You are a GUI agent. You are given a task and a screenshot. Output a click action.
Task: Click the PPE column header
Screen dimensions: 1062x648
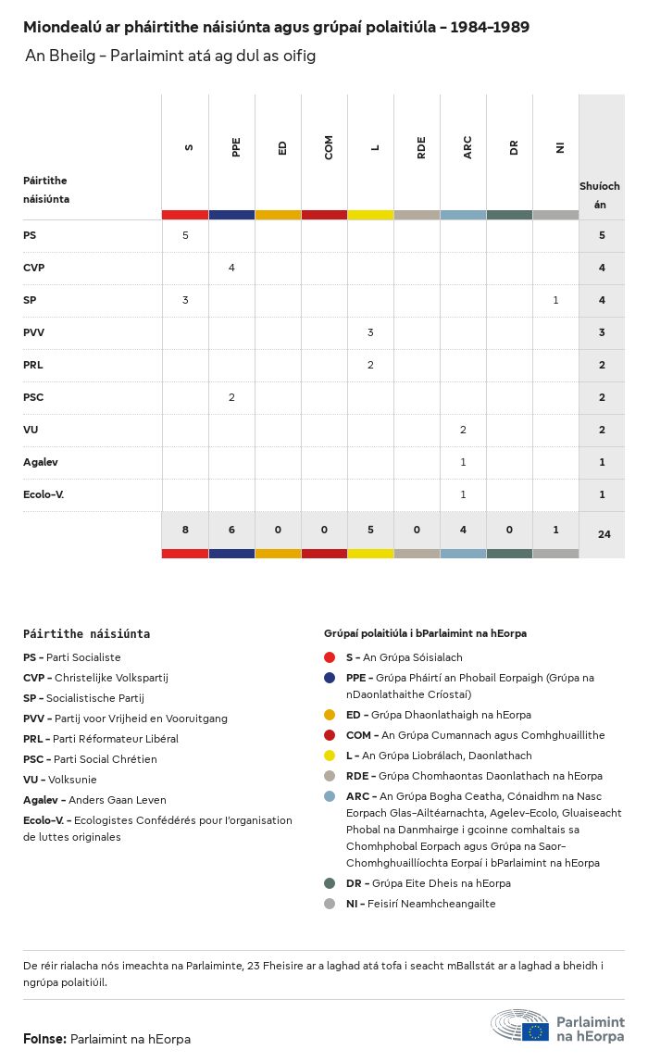click(236, 147)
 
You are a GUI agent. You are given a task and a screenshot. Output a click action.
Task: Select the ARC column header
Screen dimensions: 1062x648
click(467, 147)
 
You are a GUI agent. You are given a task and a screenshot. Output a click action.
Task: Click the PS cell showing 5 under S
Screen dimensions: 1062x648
click(185, 235)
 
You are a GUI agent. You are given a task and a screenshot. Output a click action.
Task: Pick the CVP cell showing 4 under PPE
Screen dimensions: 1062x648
click(231, 268)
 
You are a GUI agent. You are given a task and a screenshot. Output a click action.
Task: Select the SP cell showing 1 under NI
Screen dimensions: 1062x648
click(555, 300)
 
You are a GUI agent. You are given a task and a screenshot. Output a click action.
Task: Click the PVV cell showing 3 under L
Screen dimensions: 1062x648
click(370, 332)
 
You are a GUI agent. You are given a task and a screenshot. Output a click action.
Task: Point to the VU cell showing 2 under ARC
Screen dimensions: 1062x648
click(463, 430)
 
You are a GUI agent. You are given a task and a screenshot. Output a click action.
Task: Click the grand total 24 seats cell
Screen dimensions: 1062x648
click(604, 533)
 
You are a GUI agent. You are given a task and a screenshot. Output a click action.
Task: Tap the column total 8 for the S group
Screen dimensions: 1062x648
click(185, 530)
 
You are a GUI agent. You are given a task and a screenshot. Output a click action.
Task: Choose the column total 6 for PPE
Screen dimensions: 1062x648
click(231, 530)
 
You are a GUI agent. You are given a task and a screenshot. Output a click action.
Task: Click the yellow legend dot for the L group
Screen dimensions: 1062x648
click(330, 756)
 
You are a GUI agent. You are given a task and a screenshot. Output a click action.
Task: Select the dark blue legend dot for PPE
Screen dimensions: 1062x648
click(330, 678)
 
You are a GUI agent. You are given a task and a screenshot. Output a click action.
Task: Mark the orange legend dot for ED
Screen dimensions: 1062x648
click(330, 715)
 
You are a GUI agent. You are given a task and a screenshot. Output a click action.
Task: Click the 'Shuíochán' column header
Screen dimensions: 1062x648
click(600, 194)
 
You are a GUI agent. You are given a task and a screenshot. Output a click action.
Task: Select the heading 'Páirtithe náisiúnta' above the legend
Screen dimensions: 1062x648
click(86, 634)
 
